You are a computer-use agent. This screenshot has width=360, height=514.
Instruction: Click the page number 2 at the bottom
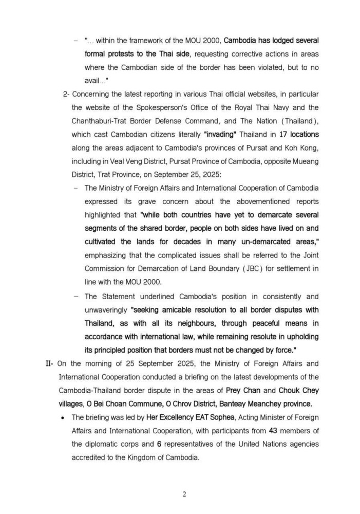click(x=184, y=494)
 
